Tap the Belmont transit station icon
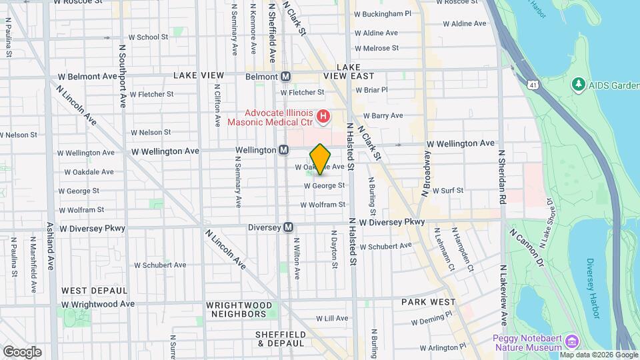[x=286, y=77]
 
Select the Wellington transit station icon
[x=283, y=151]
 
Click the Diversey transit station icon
[x=289, y=227]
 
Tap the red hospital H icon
[x=324, y=117]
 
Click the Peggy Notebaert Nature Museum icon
[x=571, y=342]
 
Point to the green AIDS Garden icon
[x=578, y=85]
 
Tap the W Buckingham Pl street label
[x=383, y=13]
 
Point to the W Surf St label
[x=447, y=191]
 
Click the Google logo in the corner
[x=22, y=351]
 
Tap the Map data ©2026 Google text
[x=598, y=355]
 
